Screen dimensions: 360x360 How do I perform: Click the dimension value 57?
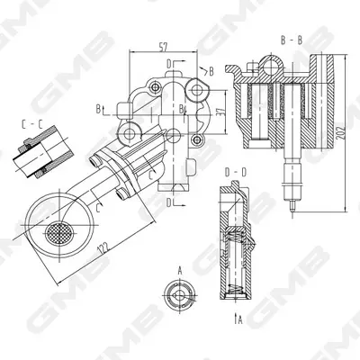[x=163, y=47]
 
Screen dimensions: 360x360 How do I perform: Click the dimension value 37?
[x=220, y=112]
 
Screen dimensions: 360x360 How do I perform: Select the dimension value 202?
[x=340, y=132]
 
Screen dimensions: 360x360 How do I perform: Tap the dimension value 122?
[x=103, y=247]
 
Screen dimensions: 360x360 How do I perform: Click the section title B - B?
[x=292, y=40]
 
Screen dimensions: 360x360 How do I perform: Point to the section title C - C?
[x=31, y=124]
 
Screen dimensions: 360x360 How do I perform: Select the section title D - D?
[x=236, y=173]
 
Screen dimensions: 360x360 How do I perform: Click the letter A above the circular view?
[x=180, y=272]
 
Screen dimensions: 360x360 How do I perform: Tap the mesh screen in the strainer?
[x=59, y=233]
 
